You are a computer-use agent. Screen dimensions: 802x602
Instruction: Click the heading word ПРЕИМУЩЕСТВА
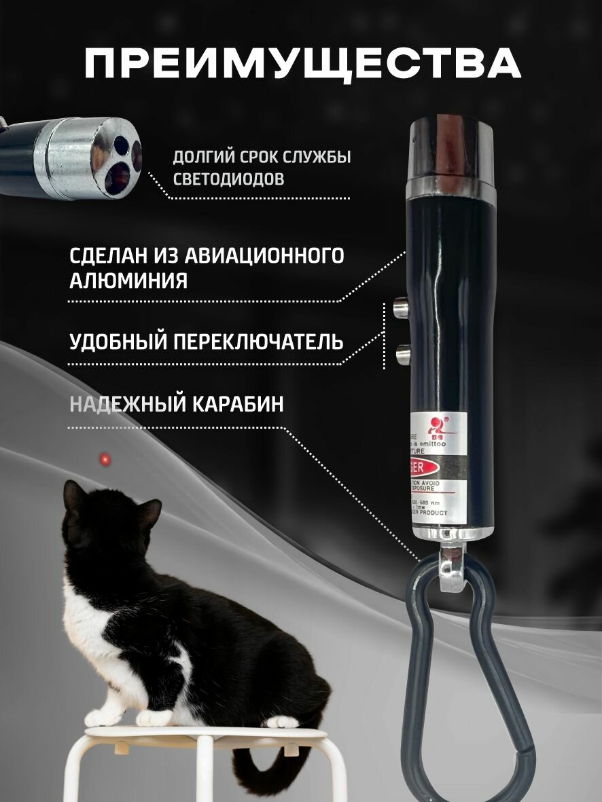302,64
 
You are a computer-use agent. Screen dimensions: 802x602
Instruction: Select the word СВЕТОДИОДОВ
228,179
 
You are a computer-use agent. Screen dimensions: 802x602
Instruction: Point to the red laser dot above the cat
105,460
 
